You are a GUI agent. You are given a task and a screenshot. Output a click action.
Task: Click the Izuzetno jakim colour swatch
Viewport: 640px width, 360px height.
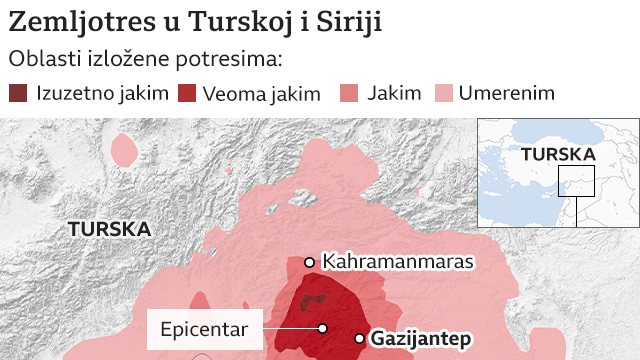pos(19,94)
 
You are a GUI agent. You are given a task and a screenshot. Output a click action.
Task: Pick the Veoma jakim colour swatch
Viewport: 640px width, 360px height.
pos(187,94)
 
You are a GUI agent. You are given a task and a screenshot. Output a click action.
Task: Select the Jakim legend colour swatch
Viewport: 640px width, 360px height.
pos(351,94)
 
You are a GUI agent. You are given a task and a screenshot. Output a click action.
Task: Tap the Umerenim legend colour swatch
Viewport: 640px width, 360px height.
pos(443,94)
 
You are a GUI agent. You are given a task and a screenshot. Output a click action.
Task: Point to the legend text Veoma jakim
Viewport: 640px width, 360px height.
pos(261,94)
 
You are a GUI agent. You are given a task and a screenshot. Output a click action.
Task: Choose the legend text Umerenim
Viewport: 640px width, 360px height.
pos(506,94)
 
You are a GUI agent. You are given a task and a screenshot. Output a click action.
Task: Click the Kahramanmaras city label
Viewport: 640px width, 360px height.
pos(397,262)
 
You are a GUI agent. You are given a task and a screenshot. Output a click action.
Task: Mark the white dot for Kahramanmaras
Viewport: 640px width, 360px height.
pos(310,262)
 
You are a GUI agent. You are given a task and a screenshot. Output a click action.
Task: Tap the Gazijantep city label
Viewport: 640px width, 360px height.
pos(420,339)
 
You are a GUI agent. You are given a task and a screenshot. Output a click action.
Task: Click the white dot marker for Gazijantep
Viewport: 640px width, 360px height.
pos(360,339)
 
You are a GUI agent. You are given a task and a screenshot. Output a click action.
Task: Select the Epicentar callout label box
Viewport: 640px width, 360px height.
pos(205,328)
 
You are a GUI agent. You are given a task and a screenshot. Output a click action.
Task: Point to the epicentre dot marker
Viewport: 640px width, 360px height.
pos(323,328)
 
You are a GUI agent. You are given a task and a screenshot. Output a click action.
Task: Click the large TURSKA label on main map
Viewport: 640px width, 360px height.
pos(109,229)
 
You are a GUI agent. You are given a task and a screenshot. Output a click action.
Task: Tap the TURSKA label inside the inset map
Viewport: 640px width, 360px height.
pos(558,155)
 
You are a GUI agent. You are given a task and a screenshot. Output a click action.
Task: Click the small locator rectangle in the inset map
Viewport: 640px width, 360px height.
pos(576,181)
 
